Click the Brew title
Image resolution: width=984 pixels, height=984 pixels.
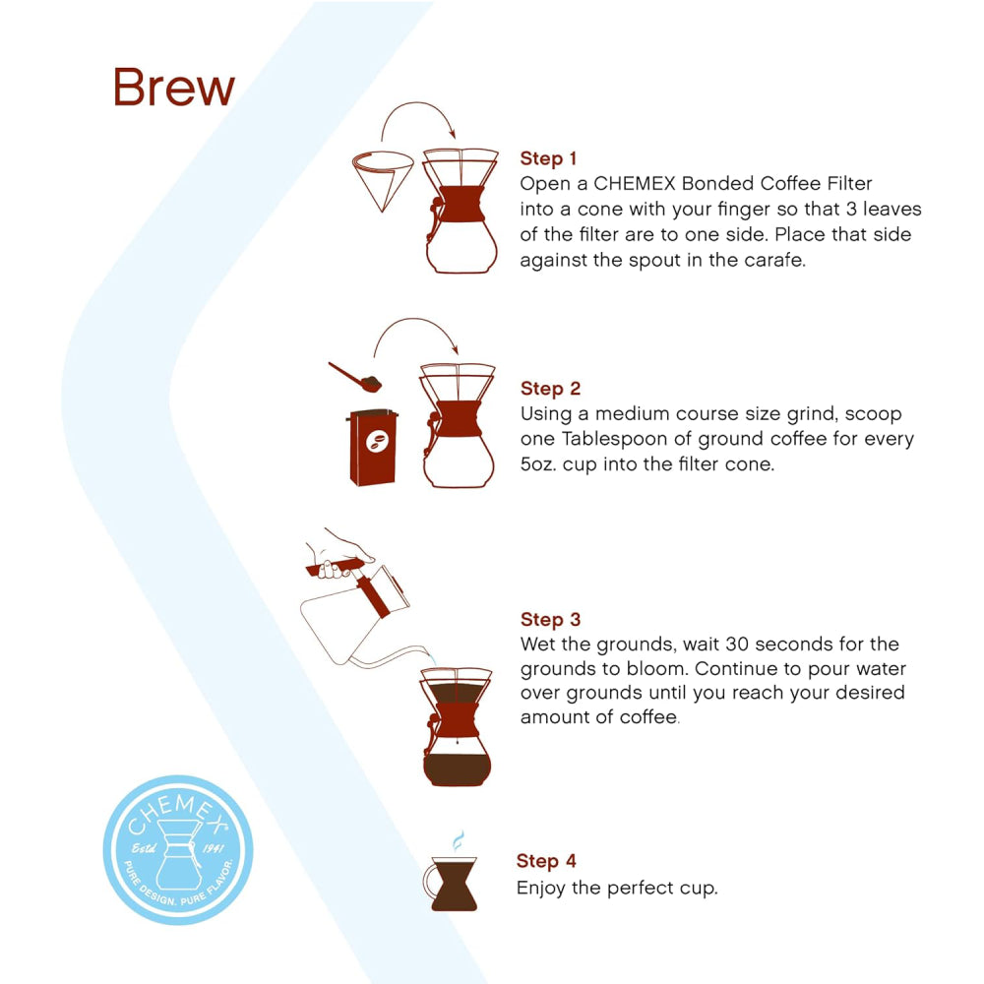174,88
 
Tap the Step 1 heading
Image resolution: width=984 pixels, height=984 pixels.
548,158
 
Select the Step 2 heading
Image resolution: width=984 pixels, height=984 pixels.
549,389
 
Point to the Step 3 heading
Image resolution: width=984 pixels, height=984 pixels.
550,620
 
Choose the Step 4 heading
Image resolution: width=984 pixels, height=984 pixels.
546,862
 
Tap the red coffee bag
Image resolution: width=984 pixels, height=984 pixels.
374,448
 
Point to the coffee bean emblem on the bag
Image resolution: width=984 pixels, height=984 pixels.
377,444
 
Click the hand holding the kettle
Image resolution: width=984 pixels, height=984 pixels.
339,546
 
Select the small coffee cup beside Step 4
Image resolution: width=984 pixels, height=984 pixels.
454,883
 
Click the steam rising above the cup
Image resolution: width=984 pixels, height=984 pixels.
457,842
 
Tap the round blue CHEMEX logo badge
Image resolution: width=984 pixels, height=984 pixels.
178,849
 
